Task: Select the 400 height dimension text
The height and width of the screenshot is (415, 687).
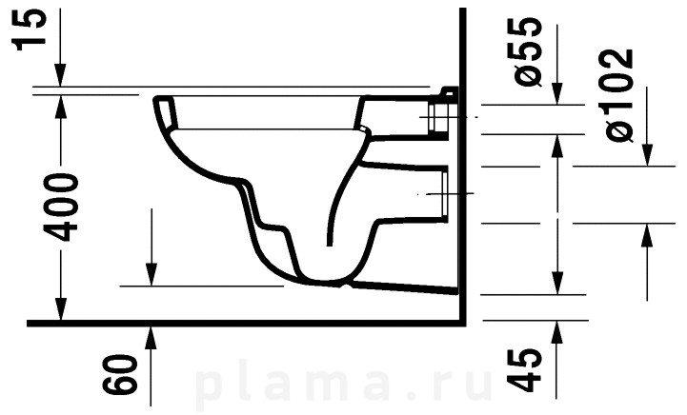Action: (62, 207)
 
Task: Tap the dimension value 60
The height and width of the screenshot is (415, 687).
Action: (120, 373)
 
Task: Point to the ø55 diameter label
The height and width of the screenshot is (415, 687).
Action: (524, 51)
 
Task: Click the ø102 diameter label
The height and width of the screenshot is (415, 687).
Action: (618, 95)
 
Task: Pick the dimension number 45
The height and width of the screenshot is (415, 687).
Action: (524, 370)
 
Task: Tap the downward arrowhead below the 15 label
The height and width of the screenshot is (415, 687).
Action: (60, 75)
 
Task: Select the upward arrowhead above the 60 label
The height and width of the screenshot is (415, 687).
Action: (151, 338)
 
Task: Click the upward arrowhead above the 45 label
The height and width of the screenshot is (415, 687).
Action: (556, 332)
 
